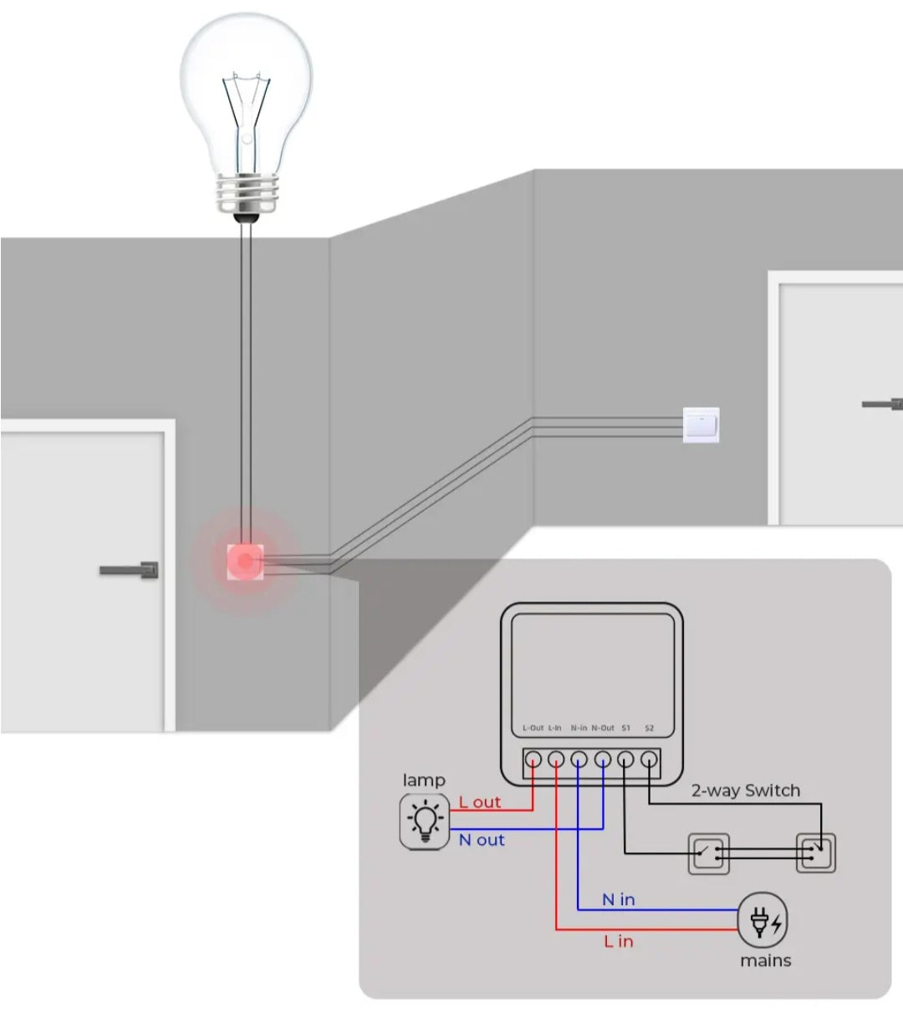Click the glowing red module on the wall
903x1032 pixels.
coord(244,561)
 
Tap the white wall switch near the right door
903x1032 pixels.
coord(701,425)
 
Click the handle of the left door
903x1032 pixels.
coord(130,571)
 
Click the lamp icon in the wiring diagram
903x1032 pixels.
coord(426,822)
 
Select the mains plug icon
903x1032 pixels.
coord(762,920)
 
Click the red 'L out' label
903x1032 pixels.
coord(480,802)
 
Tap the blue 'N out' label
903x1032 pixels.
coord(482,840)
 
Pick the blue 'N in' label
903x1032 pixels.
coord(619,899)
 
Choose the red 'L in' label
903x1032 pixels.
coord(619,942)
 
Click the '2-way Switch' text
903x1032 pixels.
coord(745,791)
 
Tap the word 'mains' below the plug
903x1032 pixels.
coord(765,961)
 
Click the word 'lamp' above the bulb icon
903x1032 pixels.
coord(424,780)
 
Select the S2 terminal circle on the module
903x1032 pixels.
coord(648,760)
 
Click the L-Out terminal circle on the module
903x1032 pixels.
coord(533,760)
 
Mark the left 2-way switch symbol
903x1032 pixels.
coord(708,854)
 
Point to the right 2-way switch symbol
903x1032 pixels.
coord(816,853)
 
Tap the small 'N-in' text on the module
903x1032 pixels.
coord(579,728)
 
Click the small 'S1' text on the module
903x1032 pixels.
coord(625,728)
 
